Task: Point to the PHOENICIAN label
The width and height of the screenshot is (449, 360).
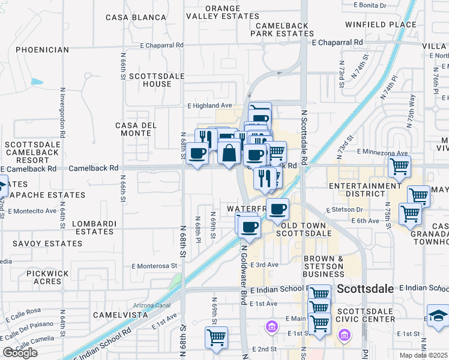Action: pyautogui.click(x=43, y=50)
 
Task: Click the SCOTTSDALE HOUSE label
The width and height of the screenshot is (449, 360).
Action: pyautogui.click(x=149, y=80)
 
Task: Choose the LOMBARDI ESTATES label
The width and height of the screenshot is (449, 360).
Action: pyautogui.click(x=94, y=227)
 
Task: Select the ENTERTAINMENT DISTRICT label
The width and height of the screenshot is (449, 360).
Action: pyautogui.click(x=365, y=191)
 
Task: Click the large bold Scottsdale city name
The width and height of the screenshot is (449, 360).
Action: pyautogui.click(x=366, y=289)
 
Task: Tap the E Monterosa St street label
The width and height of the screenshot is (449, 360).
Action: pyautogui.click(x=155, y=265)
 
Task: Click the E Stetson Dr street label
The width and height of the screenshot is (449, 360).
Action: pyautogui.click(x=345, y=210)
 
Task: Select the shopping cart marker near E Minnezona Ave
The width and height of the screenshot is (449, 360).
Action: pyautogui.click(x=399, y=166)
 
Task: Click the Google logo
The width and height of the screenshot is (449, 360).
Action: pyautogui.click(x=20, y=353)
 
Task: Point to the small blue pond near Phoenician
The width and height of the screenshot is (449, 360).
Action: pyautogui.click(x=37, y=82)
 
